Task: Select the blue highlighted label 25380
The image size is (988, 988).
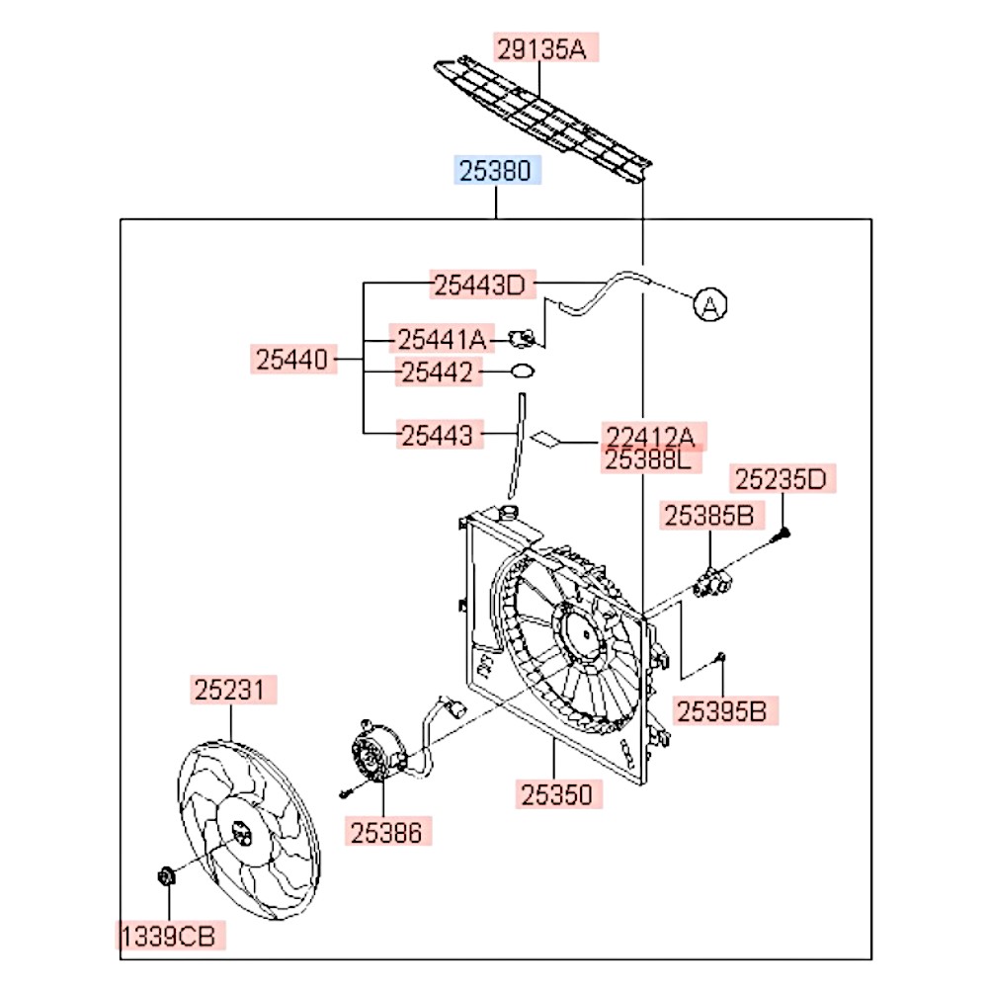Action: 497,172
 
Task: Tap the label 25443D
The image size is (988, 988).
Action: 480,286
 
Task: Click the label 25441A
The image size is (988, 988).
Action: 441,340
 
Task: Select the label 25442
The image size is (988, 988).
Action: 439,372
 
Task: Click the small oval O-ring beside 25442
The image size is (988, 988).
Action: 523,371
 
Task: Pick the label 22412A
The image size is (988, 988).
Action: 651,437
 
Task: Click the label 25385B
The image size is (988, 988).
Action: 708,515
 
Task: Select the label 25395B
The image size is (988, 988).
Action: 723,710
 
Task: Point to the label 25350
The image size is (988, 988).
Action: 558,793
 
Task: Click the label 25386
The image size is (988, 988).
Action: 389,833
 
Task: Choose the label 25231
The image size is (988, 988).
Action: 233,690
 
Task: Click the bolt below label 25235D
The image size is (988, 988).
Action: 782,534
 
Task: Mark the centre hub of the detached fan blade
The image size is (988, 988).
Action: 241,836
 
